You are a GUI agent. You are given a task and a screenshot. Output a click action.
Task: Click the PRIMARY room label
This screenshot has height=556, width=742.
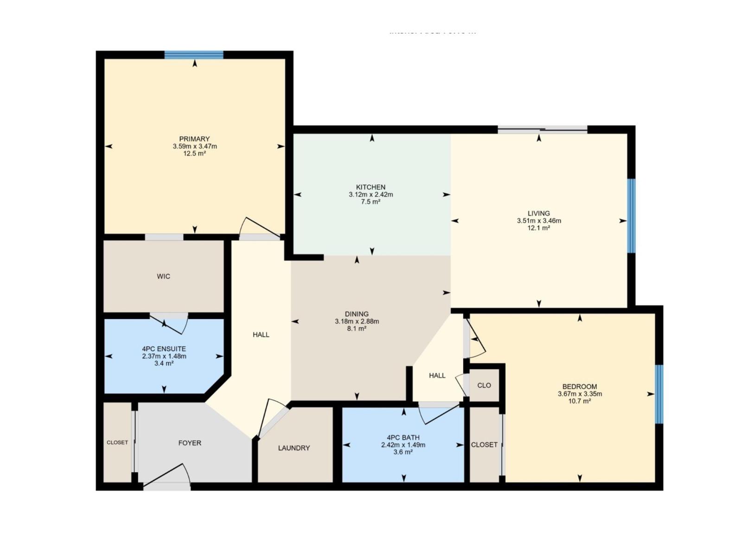tap(194, 139)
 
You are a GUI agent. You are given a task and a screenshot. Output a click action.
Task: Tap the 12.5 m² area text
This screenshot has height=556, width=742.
tap(194, 154)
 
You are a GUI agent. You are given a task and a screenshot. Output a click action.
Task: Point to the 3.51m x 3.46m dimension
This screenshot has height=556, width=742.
tap(538, 221)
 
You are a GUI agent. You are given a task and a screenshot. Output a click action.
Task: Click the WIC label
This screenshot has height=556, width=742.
tap(163, 277)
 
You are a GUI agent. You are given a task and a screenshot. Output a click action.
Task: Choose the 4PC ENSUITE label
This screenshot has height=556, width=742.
tap(164, 349)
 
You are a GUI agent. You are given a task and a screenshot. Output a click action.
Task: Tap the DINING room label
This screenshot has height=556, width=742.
tap(357, 314)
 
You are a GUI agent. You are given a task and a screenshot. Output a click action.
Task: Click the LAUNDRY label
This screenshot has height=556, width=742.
tap(294, 448)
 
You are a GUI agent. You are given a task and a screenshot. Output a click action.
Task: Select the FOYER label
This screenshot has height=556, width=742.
tap(190, 443)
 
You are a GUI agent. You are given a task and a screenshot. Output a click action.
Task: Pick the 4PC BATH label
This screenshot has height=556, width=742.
tap(403, 437)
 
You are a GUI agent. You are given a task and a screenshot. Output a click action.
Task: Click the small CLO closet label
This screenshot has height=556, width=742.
tap(484, 385)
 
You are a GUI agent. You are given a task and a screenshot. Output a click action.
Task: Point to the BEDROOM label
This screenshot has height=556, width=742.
tap(579, 386)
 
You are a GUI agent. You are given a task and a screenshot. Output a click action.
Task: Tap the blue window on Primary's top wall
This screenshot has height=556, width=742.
tap(194, 55)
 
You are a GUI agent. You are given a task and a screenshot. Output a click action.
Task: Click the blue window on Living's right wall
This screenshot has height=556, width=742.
tap(631, 215)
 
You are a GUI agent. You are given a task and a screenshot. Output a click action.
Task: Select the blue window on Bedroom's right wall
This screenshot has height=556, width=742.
tap(659, 394)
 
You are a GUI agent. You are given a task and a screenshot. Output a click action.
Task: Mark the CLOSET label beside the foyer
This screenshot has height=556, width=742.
tap(117, 442)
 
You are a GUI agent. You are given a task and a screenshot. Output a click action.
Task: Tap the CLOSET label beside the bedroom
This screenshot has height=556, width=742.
tap(484, 445)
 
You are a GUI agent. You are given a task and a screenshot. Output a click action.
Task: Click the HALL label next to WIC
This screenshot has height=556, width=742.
tap(261, 335)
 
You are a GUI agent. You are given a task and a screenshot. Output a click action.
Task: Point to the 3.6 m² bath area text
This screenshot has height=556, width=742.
tap(403, 452)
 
